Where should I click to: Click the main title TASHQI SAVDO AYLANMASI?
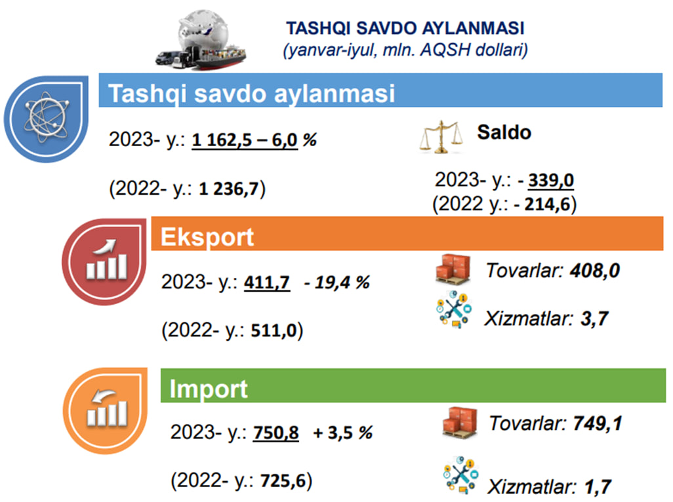click(405, 28)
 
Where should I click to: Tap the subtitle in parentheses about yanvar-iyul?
click(405, 50)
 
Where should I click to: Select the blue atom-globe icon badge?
click(47, 119)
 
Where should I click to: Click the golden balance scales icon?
click(441, 137)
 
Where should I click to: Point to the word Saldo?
click(504, 132)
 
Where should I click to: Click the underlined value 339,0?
click(551, 180)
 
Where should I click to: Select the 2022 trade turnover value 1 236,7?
click(229, 189)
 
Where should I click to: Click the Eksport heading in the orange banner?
click(207, 237)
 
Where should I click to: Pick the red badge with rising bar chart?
click(104, 261)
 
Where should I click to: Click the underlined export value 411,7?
click(266, 282)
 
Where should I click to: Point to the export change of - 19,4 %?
click(337, 282)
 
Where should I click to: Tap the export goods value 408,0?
click(595, 271)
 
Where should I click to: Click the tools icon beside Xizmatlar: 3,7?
click(454, 309)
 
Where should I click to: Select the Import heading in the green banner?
click(209, 389)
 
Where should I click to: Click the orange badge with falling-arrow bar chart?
click(105, 411)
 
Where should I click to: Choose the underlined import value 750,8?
click(275, 433)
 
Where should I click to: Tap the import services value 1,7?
click(598, 487)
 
